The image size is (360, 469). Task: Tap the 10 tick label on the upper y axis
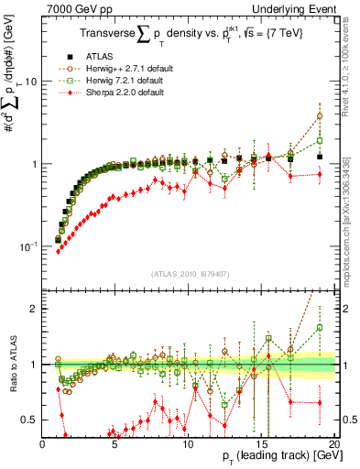[x=29, y=82]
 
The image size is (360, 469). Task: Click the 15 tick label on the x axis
[x=260, y=443]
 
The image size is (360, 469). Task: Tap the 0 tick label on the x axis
[x=42, y=443]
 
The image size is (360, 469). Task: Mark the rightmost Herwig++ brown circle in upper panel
[x=320, y=116]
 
